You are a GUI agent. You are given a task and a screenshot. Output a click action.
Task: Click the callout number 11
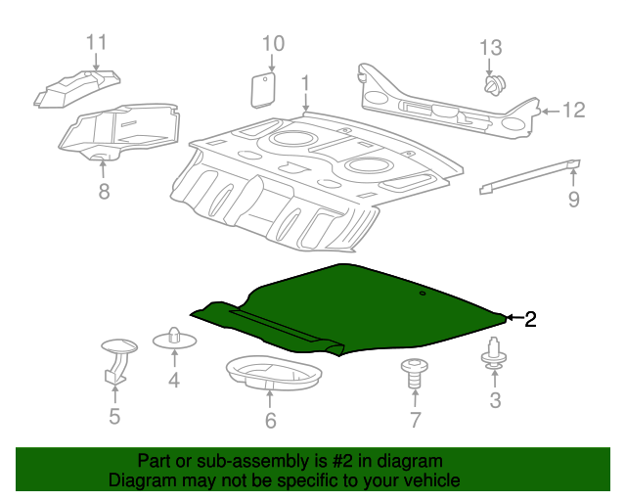[x=97, y=42]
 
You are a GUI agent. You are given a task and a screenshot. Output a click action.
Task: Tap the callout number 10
[x=273, y=44]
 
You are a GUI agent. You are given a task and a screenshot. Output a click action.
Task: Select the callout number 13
[x=491, y=48]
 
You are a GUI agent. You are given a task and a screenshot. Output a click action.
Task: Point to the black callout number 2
[x=530, y=319]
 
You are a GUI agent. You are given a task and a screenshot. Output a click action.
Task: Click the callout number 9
[x=574, y=199]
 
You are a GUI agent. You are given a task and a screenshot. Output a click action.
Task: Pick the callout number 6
[x=271, y=421]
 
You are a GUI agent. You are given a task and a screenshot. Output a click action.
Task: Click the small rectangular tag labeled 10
[x=263, y=90]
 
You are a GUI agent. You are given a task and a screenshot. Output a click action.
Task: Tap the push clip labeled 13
[x=495, y=85]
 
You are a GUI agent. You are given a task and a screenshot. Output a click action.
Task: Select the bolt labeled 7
[x=415, y=373]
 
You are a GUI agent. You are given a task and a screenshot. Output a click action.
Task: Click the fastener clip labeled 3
[x=494, y=354]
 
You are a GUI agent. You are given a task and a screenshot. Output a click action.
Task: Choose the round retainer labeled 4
[x=174, y=339]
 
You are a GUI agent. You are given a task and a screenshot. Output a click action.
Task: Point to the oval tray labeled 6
[x=274, y=373]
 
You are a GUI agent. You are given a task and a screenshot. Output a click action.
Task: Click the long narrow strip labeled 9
[x=530, y=177]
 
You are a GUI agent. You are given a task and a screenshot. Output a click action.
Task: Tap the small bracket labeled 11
[x=76, y=89]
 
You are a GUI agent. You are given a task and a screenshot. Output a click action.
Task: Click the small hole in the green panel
[x=423, y=294]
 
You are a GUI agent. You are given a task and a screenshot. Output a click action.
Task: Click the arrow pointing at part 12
[x=550, y=112]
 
